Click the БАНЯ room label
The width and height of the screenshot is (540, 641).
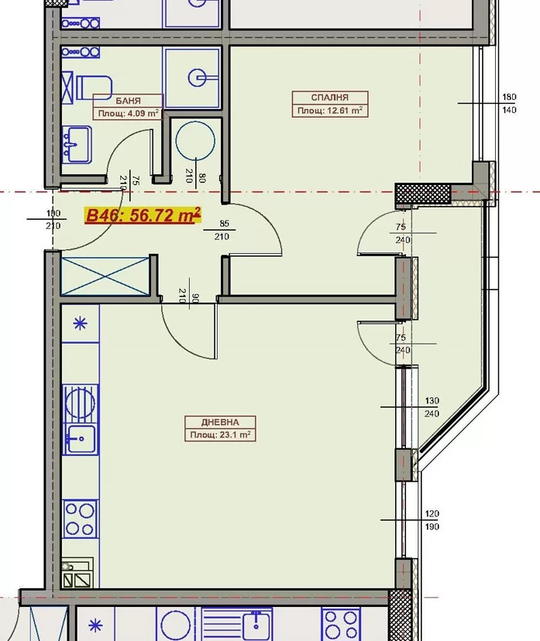coord(128,101)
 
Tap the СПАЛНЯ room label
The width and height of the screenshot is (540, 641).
coord(330,98)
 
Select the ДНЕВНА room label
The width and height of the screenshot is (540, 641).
coord(220,422)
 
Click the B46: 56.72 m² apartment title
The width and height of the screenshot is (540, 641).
coord(143,215)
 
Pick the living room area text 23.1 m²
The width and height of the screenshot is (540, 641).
coord(235,434)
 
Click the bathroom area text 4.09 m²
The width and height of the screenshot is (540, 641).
coord(143,113)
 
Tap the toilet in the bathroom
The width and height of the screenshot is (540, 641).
coord(94,87)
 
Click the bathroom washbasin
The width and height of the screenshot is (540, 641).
coord(77,144)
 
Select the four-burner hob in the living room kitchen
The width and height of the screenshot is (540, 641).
coord(80,519)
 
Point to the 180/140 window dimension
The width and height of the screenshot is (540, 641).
coord(509,104)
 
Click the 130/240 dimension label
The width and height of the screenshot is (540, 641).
coord(432,407)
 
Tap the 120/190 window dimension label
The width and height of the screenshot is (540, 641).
coord(432,520)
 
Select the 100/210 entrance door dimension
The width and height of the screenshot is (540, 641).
coord(53,220)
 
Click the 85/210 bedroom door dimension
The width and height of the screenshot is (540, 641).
coord(222,230)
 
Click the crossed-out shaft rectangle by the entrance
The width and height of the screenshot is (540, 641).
coord(105,276)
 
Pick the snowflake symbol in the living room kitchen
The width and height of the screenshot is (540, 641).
coord(80,324)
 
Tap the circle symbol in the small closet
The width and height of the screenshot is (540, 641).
coord(195,141)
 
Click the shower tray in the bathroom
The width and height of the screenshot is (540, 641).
coord(192,77)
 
